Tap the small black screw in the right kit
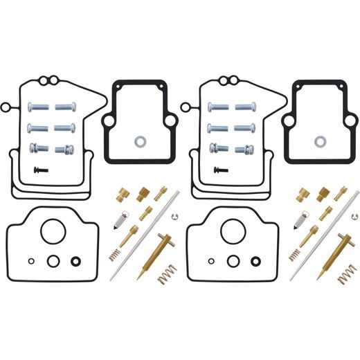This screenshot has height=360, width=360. [x=219, y=169]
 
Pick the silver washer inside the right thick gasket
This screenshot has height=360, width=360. [x=320, y=141]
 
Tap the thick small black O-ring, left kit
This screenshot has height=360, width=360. [x=75, y=261]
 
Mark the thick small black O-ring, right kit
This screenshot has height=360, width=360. [x=256, y=261]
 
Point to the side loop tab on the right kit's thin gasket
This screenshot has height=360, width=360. [x=186, y=107]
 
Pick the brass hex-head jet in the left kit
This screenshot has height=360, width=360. [x=145, y=193]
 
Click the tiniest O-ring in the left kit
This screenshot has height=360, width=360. [x=31, y=261]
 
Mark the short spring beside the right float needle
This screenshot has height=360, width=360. [x=293, y=253]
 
